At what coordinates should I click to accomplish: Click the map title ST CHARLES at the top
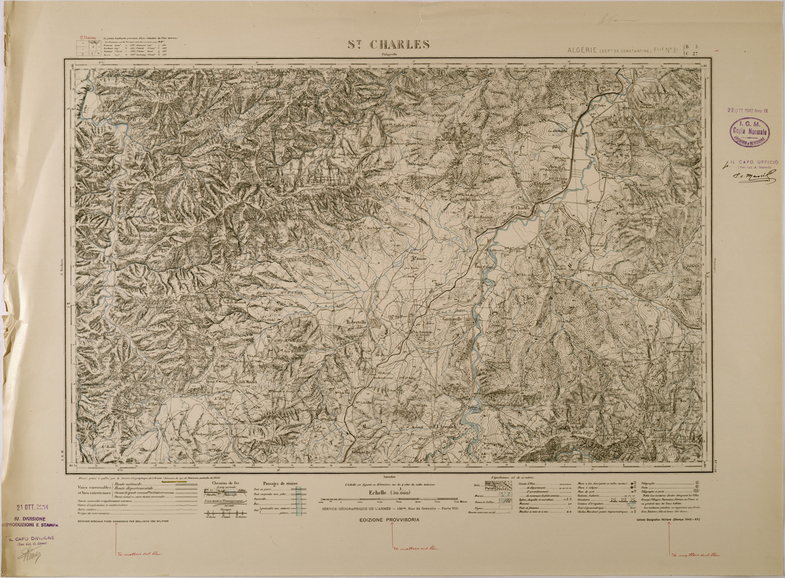(x=391, y=45)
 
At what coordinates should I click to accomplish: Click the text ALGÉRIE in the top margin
(x=581, y=49)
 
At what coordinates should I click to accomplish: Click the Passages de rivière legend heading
(x=280, y=483)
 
